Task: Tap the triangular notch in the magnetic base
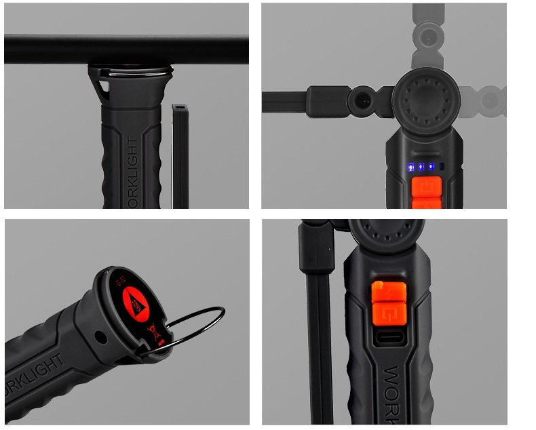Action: [x=102, y=87]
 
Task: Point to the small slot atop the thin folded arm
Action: [x=179, y=108]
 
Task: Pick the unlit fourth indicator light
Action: [x=442, y=167]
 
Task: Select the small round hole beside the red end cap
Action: [x=101, y=336]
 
